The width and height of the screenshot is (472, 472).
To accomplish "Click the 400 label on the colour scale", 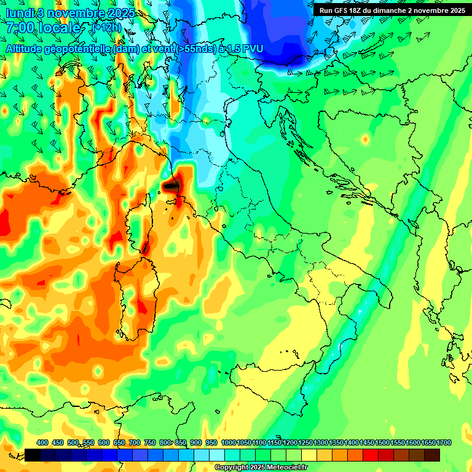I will (x=42, y=443).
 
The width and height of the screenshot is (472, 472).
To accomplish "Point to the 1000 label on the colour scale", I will (x=229, y=443).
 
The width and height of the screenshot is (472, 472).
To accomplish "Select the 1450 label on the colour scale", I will (x=367, y=443).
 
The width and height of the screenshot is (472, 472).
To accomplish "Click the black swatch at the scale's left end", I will (x=33, y=455).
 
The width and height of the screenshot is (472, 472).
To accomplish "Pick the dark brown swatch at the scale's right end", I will (x=432, y=455).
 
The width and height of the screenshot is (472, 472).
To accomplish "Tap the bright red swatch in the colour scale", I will (x=371, y=455).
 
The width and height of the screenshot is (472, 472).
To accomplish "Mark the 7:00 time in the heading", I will (x=20, y=28).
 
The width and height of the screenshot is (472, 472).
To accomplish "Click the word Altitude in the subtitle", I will (x=28, y=48).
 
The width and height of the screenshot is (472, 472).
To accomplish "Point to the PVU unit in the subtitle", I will (x=253, y=48).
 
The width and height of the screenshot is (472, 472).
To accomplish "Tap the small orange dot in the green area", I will (x=365, y=140).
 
